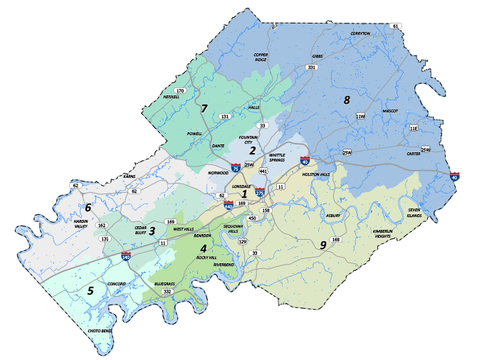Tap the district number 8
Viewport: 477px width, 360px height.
coord(347,100)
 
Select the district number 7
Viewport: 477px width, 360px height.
coord(204,108)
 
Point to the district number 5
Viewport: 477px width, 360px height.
coord(90,290)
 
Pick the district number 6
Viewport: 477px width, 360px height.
coord(88,208)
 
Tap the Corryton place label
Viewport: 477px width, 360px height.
coord(360,33)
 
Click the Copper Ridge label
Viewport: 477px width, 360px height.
coord(261,57)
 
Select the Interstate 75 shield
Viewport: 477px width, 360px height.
coord(235,169)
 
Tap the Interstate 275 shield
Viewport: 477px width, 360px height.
coord(260,192)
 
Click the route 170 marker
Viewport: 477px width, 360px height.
coord(180,91)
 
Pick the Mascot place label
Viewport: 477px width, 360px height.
coord(389,111)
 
